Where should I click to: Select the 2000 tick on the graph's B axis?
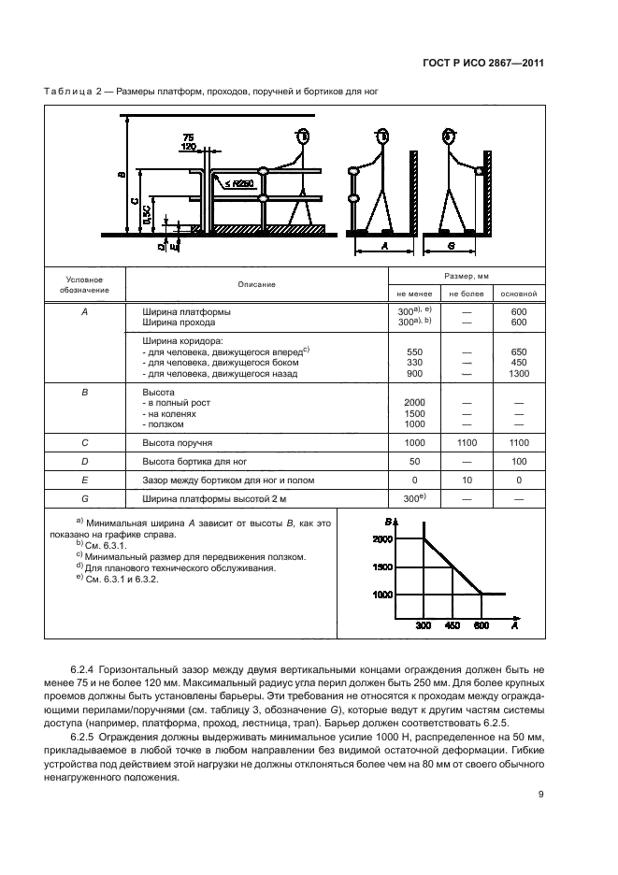(383, 539)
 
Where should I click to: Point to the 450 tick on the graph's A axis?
(451, 625)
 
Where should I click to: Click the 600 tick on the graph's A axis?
(480, 625)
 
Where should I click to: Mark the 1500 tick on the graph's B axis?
(383, 567)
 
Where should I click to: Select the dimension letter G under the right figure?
(452, 247)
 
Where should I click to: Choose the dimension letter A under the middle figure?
(384, 247)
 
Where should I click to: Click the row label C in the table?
(85, 443)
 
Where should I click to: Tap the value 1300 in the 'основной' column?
(520, 374)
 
